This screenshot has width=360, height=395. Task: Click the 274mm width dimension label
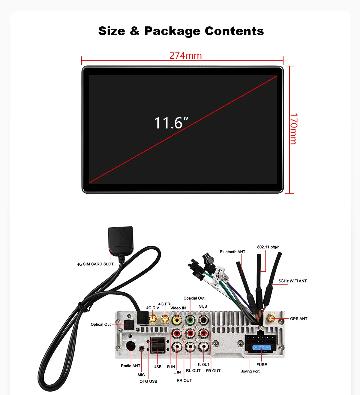pos(186,56)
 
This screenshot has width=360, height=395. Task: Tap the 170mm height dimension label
pos(294,129)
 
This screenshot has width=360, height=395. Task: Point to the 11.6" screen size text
pos(171,123)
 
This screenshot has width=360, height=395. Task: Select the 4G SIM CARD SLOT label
pos(95,264)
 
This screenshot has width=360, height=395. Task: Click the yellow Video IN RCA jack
pos(177,320)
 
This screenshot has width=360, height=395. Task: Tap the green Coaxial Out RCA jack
pos(190,320)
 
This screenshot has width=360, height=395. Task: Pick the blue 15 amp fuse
pos(262,348)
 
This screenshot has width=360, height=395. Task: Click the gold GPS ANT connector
pos(271,318)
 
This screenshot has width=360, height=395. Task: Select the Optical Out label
pos(101,324)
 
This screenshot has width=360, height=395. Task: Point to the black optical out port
pos(129,325)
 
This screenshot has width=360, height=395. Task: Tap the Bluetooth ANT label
pos(232,252)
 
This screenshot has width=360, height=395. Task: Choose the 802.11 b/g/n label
pos(268,247)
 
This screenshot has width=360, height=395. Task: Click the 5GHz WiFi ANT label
pos(292,281)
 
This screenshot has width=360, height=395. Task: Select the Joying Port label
pos(250,371)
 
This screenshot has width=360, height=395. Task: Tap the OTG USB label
pos(148,381)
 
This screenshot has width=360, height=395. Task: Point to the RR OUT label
pos(184,381)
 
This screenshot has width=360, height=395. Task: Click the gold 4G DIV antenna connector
pos(153,318)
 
